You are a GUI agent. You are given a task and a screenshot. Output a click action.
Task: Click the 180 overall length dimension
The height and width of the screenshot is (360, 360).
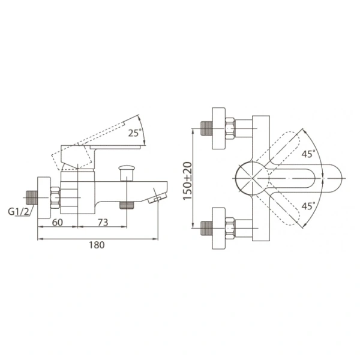tap(97, 245)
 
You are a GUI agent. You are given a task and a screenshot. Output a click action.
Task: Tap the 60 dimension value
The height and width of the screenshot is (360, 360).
tap(58, 222)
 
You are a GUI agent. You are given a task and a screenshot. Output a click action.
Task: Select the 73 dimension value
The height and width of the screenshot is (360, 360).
tap(103, 222)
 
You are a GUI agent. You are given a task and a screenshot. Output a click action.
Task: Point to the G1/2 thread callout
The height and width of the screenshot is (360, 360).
tap(19, 211)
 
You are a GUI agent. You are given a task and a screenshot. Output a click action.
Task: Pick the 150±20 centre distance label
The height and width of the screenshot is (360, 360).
tap(187, 181)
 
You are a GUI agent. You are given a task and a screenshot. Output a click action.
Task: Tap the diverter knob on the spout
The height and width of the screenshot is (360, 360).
tap(127, 173)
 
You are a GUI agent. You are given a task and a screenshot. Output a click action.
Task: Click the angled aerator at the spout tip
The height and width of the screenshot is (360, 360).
tap(157, 197)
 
